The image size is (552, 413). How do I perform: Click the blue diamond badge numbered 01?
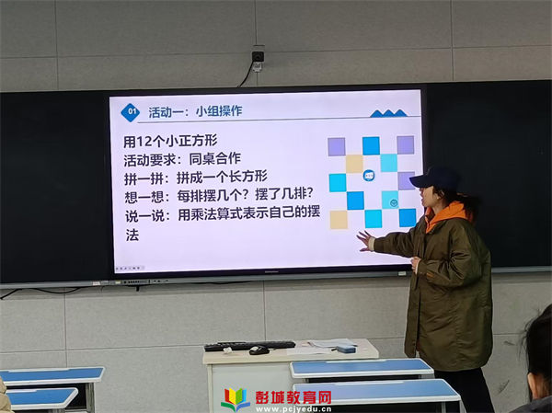pos(131,112)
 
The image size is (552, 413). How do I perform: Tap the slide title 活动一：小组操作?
pos(195,111)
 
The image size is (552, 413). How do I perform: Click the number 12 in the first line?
pos(144,142)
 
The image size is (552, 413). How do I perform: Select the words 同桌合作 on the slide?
pos(214,159)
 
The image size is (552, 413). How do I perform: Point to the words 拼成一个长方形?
pos(222,177)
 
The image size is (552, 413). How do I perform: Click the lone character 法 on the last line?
pos(132,235)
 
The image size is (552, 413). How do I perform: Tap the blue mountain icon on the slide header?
pos(388,113)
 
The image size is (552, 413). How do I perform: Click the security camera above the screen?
pos(258,57)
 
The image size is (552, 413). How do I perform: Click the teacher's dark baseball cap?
pos(435,178)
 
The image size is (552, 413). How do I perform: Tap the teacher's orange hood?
pos(446,214)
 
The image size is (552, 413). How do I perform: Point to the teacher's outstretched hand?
pos(365,241)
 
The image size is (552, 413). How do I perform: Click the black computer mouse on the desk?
pos(259,350)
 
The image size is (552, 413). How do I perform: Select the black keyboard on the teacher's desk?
pos(249,346)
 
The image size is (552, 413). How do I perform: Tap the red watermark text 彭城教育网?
pos(293,397)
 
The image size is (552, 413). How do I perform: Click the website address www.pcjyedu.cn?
pos(293,409)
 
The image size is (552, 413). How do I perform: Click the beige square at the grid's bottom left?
pos(339,220)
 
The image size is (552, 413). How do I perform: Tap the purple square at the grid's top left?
pos(337,147)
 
